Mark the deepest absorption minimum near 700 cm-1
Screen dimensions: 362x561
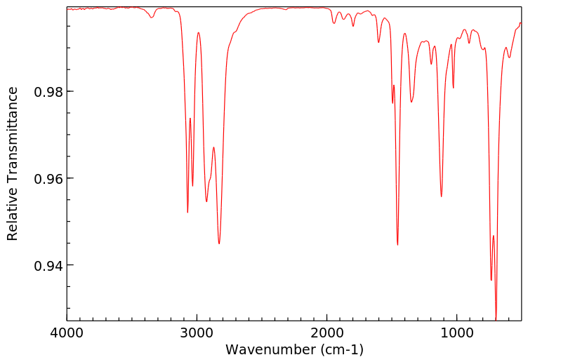pyautogui.click(x=496, y=319)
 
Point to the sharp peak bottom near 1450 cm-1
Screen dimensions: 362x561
pyautogui.click(x=397, y=245)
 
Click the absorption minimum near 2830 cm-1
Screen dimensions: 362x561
pyautogui.click(x=219, y=243)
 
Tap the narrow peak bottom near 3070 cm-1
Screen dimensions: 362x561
pyautogui.click(x=187, y=212)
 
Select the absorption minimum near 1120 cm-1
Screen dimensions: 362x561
pyautogui.click(x=441, y=196)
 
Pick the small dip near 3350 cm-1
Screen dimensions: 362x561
pyautogui.click(x=152, y=18)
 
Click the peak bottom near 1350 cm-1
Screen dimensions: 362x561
pyautogui.click(x=411, y=102)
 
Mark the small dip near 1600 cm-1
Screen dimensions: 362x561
pyautogui.click(x=378, y=42)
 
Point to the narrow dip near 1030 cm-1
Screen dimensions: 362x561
pyautogui.click(x=453, y=88)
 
